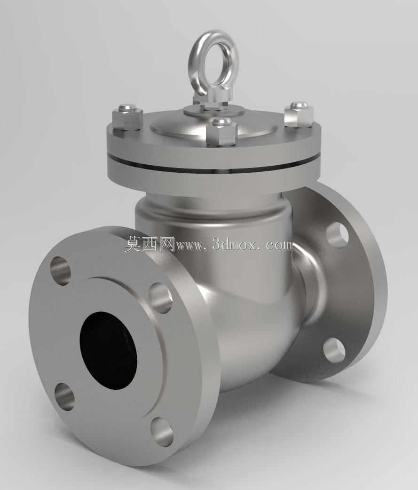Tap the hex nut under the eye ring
click(x=210, y=98)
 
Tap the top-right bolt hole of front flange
click(x=160, y=298)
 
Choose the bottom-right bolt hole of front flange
click(x=161, y=432)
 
